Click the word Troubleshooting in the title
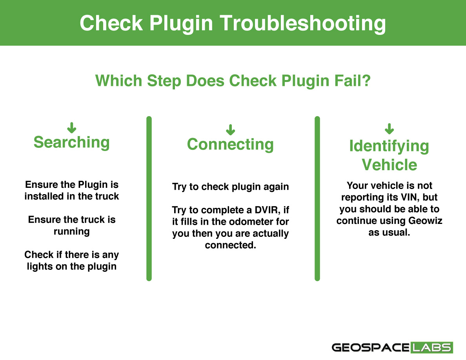click(302, 24)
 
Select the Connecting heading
click(230, 145)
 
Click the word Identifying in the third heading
click(389, 147)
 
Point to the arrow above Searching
click(72, 127)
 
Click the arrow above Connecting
click(230, 129)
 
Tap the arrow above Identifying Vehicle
click(390, 129)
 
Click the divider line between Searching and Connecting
click(149, 198)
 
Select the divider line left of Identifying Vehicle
click(317, 198)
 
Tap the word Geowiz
click(425, 221)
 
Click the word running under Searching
click(72, 232)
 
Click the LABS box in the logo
click(432, 347)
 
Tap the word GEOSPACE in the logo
click(371, 347)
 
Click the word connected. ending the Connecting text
click(230, 245)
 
